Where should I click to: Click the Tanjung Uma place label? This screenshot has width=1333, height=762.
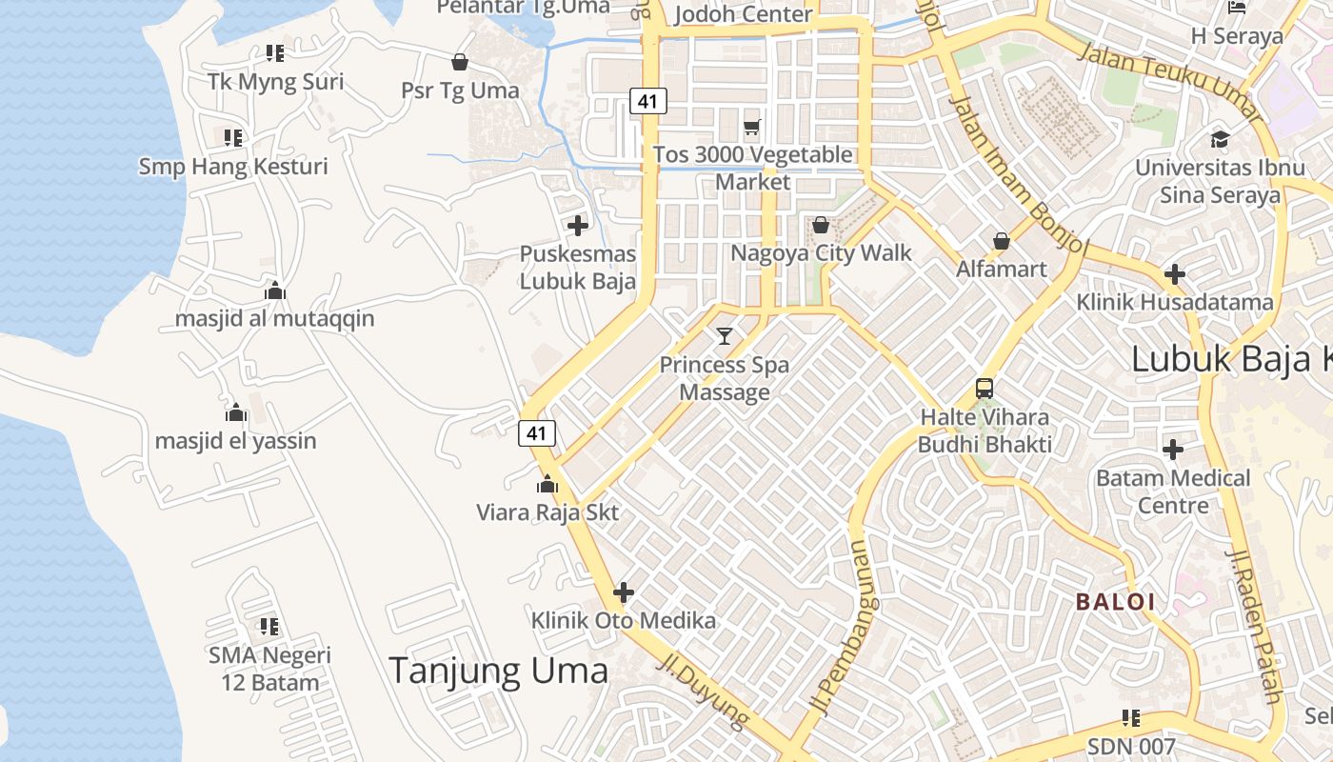tap(498, 671)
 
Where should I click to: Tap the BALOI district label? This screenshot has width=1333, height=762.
tap(1115, 602)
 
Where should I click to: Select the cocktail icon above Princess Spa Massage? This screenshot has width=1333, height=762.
tap(725, 335)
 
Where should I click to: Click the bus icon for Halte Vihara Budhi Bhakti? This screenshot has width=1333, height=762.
tap(985, 389)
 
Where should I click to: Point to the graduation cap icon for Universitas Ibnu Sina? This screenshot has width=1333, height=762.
tap(1220, 140)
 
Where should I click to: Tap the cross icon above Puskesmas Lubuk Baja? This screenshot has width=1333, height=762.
tap(577, 226)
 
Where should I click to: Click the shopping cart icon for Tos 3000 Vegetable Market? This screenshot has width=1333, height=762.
tap(752, 127)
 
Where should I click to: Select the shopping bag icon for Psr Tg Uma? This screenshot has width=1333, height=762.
tap(460, 62)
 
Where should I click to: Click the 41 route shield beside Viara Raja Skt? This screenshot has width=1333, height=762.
tap(537, 433)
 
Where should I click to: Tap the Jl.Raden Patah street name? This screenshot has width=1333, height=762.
tap(1254, 625)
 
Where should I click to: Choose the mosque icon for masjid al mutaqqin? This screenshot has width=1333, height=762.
tap(275, 291)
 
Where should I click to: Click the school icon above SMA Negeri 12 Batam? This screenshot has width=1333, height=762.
tap(269, 627)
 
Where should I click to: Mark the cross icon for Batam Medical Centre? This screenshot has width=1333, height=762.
tap(1173, 449)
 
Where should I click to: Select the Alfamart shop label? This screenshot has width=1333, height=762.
tap(1002, 269)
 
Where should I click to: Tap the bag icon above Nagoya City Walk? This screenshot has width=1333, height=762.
tap(820, 225)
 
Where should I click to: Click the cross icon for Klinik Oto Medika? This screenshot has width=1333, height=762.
tap(624, 592)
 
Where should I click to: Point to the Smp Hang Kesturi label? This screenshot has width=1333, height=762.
tap(233, 167)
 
